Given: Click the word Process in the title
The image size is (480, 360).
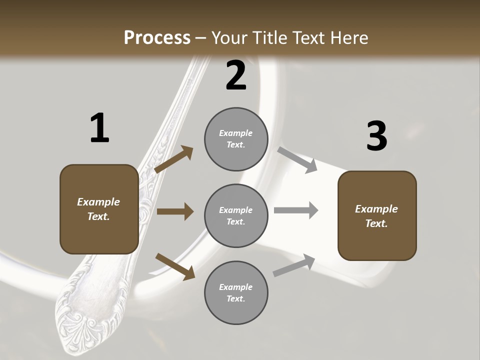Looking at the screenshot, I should (157, 38).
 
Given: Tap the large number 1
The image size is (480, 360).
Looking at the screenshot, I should (99, 128).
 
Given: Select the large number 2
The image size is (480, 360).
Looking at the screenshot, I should (236, 75).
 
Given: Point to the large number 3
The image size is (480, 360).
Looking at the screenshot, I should (376, 136).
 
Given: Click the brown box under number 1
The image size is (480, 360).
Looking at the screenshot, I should (99, 209).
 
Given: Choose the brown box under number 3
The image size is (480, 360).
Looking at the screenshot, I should (377, 216).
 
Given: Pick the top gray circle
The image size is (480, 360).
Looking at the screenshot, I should (236, 139).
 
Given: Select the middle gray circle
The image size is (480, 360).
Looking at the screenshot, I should (236, 216).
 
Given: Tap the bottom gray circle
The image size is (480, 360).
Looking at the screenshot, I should (236, 293).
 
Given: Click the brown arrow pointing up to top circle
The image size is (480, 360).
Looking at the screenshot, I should (174, 159).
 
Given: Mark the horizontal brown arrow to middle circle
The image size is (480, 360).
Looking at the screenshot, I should (175, 211).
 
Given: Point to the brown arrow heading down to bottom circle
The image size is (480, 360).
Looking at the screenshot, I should (175, 266).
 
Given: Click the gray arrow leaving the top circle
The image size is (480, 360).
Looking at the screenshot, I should (297, 159).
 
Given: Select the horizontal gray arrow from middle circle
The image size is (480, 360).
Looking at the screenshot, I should (296, 210).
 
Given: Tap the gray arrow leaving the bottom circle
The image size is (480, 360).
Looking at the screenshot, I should (294, 265).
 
